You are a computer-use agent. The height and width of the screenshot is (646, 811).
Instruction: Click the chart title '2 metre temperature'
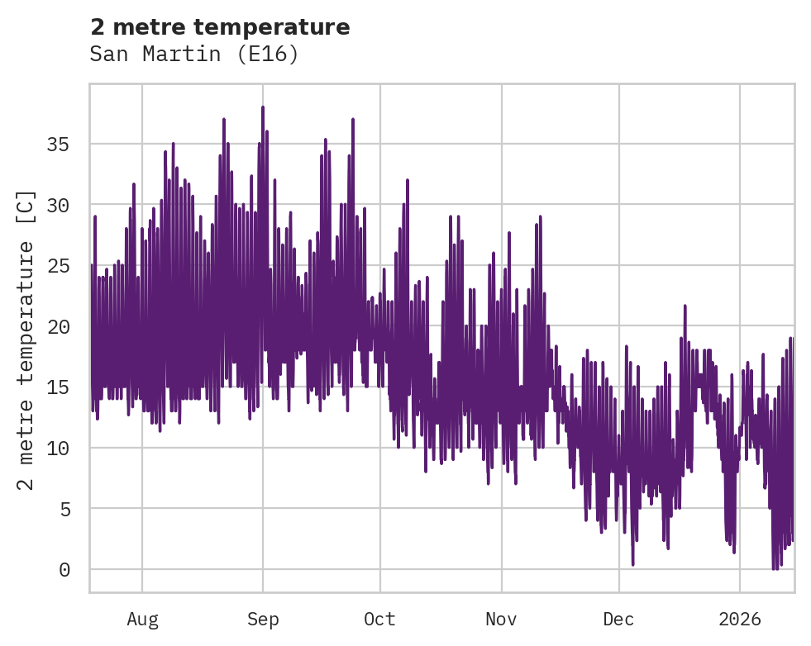[220, 27]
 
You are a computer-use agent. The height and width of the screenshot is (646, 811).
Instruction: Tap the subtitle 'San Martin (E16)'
[193, 55]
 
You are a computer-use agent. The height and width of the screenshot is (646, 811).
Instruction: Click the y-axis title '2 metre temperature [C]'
[26, 340]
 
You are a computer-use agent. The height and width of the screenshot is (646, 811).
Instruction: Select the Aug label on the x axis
[142, 620]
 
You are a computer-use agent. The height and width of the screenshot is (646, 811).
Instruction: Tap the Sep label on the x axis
[263, 620]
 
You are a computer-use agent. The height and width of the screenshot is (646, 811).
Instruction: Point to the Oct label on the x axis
[380, 620]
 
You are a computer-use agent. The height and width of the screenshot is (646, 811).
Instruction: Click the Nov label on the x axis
[501, 620]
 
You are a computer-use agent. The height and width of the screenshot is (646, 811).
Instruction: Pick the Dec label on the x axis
[618, 620]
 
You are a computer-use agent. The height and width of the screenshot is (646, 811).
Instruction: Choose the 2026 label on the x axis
[740, 620]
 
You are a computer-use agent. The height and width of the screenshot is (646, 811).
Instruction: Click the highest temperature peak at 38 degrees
[263, 107]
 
